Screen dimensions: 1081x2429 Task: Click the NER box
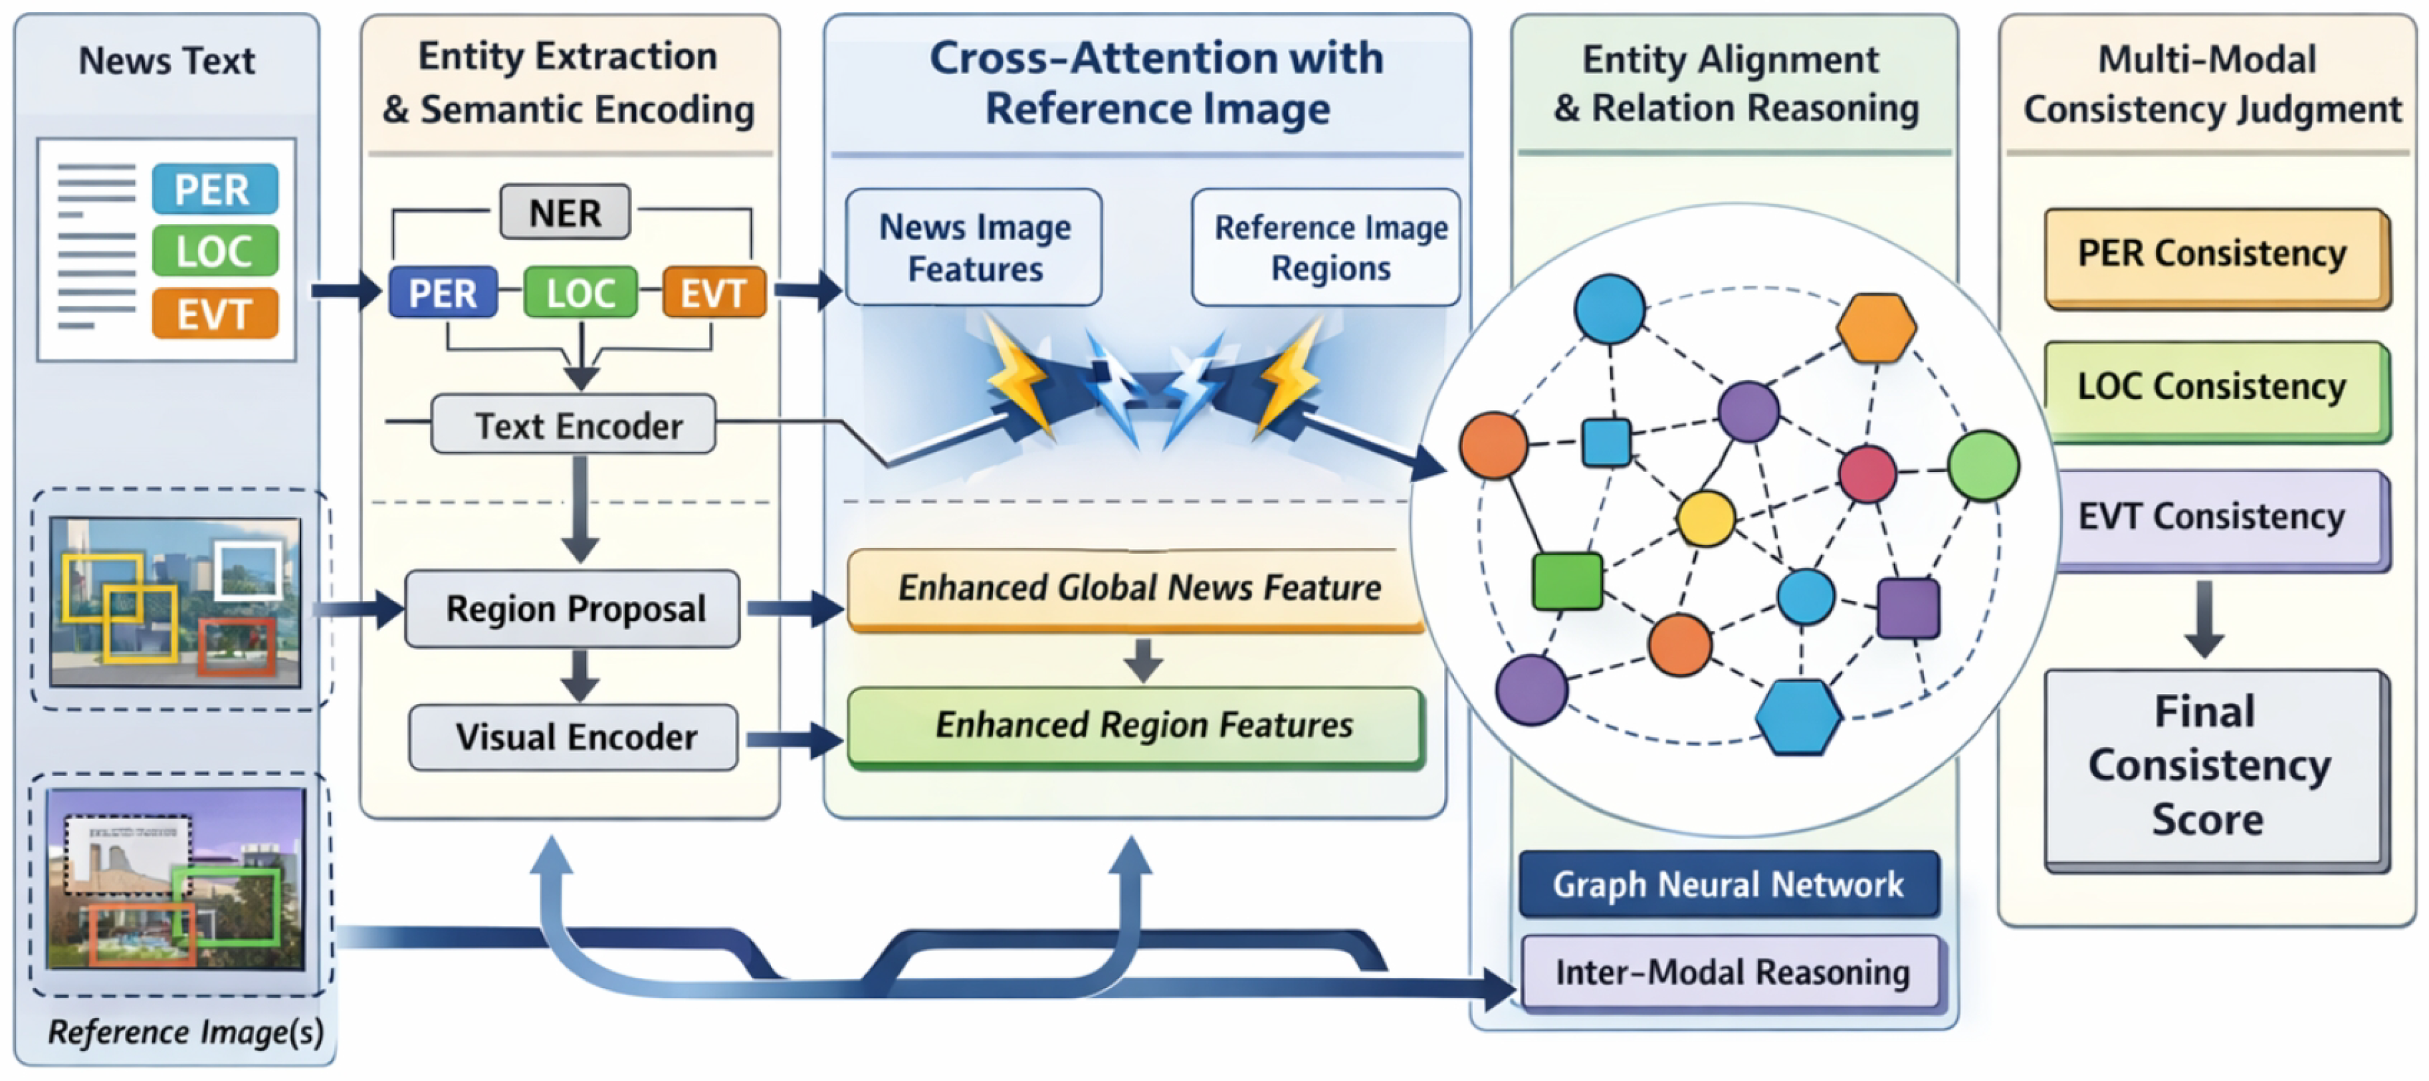pos(565,212)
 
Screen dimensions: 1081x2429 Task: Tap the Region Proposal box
pos(572,608)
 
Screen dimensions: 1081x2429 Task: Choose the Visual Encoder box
pos(574,737)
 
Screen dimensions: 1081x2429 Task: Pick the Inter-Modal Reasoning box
pos(1731,971)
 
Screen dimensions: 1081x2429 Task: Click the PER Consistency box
pos(2214,255)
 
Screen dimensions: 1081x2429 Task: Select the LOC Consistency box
pos(2214,388)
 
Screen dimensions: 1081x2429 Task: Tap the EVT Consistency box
pos(2214,517)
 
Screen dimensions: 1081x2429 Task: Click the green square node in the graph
pos(1567,580)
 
